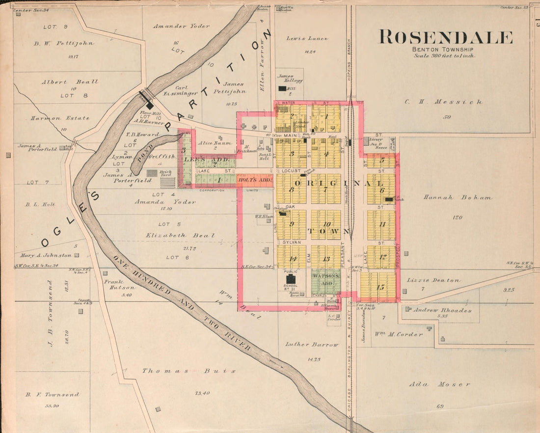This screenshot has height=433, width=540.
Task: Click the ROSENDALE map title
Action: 445,37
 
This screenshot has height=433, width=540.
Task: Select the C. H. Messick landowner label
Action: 443,102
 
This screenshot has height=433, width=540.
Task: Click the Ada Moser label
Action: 439,384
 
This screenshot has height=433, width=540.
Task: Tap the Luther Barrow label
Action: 312,345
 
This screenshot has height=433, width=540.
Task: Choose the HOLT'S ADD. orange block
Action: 255,180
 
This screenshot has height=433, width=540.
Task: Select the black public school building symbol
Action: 291,279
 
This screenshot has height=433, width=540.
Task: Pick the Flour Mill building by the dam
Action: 150,105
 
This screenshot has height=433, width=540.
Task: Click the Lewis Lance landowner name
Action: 308,38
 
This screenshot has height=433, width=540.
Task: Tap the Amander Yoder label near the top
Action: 181,26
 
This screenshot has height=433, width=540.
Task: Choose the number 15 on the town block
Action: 380,287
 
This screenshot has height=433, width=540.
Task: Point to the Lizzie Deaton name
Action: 433,280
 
